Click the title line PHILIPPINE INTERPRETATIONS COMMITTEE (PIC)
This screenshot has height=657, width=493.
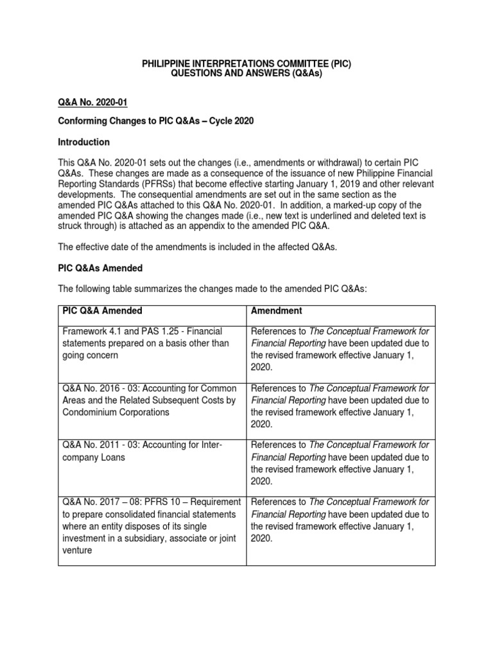point(246,65)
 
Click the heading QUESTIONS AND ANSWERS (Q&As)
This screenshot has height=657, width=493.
point(246,75)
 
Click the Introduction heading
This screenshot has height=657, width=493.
point(84,142)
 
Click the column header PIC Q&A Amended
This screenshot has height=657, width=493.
point(103,311)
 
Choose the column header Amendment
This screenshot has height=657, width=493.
point(277,311)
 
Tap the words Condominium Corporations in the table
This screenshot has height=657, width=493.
point(116,413)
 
